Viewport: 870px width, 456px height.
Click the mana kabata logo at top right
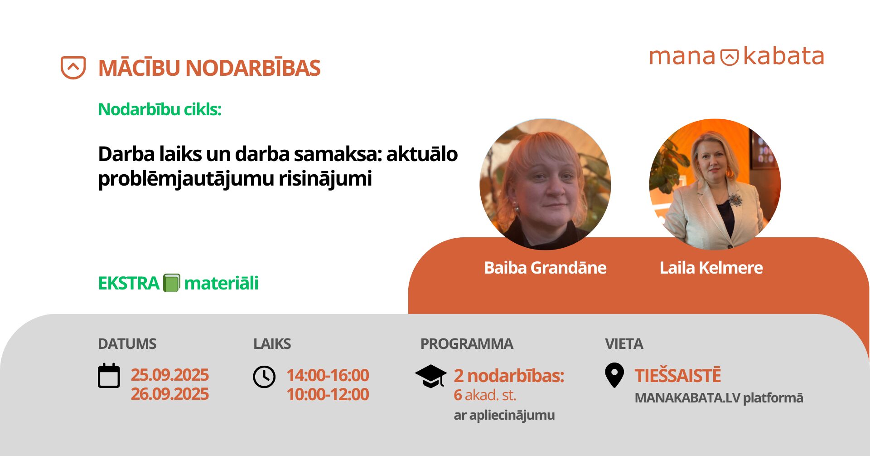click(736, 57)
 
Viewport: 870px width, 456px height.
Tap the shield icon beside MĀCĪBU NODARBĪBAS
click(73, 68)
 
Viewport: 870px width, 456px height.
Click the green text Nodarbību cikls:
click(159, 109)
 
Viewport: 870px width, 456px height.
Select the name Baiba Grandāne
click(545, 268)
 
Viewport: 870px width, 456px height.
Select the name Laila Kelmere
click(710, 268)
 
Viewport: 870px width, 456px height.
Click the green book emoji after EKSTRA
click(171, 283)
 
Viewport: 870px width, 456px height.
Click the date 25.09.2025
click(169, 375)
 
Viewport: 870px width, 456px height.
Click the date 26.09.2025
click(169, 394)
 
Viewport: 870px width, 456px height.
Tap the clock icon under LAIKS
click(264, 377)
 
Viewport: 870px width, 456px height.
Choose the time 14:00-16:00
click(328, 375)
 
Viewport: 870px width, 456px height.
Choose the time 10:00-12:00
click(328, 394)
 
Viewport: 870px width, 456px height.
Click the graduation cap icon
click(430, 376)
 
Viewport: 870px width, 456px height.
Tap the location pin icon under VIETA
click(614, 375)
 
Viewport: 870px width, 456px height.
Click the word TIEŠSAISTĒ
click(677, 376)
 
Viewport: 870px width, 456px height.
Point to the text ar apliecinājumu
click(504, 415)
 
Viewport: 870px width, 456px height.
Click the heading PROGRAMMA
click(466, 344)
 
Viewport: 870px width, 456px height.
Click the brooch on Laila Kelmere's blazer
click(735, 199)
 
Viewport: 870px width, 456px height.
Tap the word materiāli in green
click(221, 283)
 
